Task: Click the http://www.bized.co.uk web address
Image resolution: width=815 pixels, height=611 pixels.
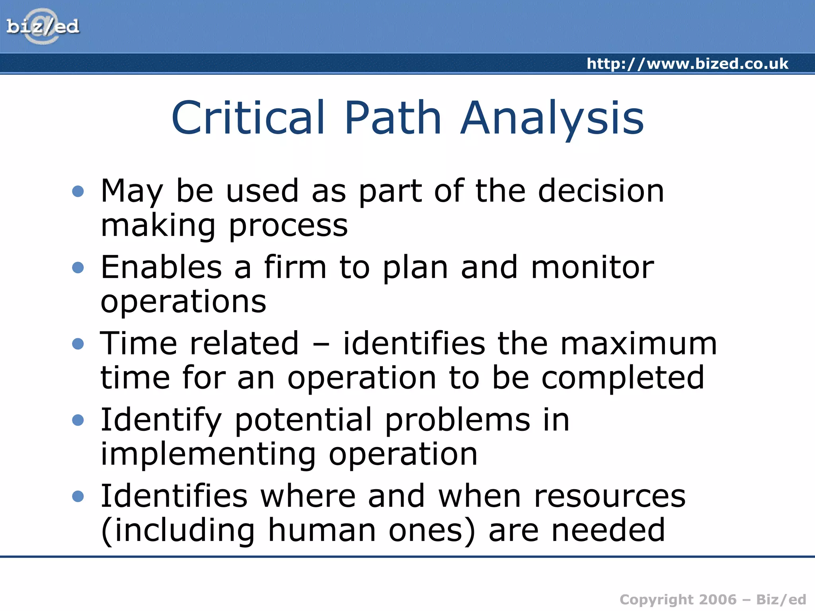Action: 687,64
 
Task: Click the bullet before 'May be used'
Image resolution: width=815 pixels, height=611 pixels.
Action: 78,191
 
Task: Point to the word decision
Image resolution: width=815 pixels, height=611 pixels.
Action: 601,191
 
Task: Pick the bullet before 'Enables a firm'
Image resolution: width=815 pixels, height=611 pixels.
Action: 78,267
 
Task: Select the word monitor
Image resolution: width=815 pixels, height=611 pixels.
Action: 592,267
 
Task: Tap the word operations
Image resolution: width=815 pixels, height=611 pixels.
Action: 183,302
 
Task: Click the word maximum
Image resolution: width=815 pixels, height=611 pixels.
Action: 638,343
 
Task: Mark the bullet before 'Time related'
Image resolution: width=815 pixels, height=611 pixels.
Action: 78,344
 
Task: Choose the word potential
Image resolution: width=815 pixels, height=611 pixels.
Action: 303,420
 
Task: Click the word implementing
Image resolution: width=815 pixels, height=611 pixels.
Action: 208,454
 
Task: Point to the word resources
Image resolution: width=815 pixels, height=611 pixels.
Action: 610,496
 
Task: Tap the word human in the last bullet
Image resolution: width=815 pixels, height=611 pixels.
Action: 322,530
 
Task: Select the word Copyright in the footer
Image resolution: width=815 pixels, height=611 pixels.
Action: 656,599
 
